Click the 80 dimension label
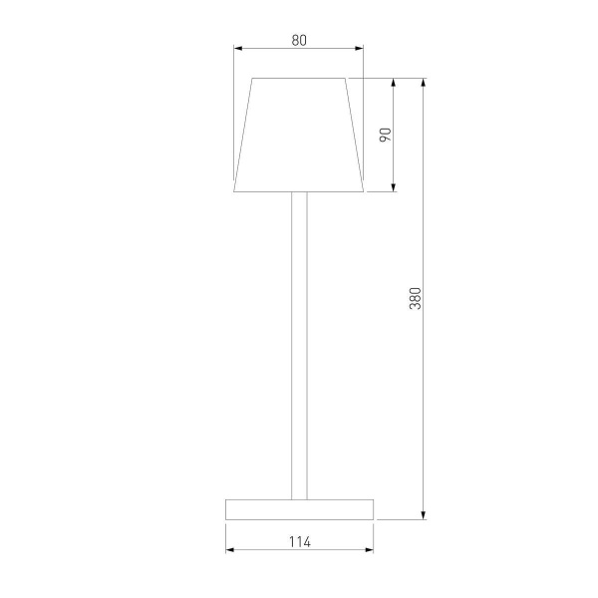pyautogui.click(x=299, y=40)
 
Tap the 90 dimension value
pyautogui.click(x=386, y=134)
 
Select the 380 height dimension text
pyautogui.click(x=416, y=298)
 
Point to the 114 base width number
pyautogui.click(x=299, y=542)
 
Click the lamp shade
pyautogui.click(x=299, y=134)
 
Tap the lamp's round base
pyautogui.click(x=299, y=508)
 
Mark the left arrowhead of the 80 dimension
pyautogui.click(x=237, y=49)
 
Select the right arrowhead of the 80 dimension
pyautogui.click(x=360, y=49)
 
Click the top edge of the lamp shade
pyautogui.click(x=299, y=78)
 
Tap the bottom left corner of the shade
pyautogui.click(x=234, y=189)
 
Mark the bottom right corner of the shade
pyautogui.click(x=364, y=189)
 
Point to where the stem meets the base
pyautogui.click(x=299, y=497)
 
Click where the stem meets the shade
pyautogui.click(x=299, y=191)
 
